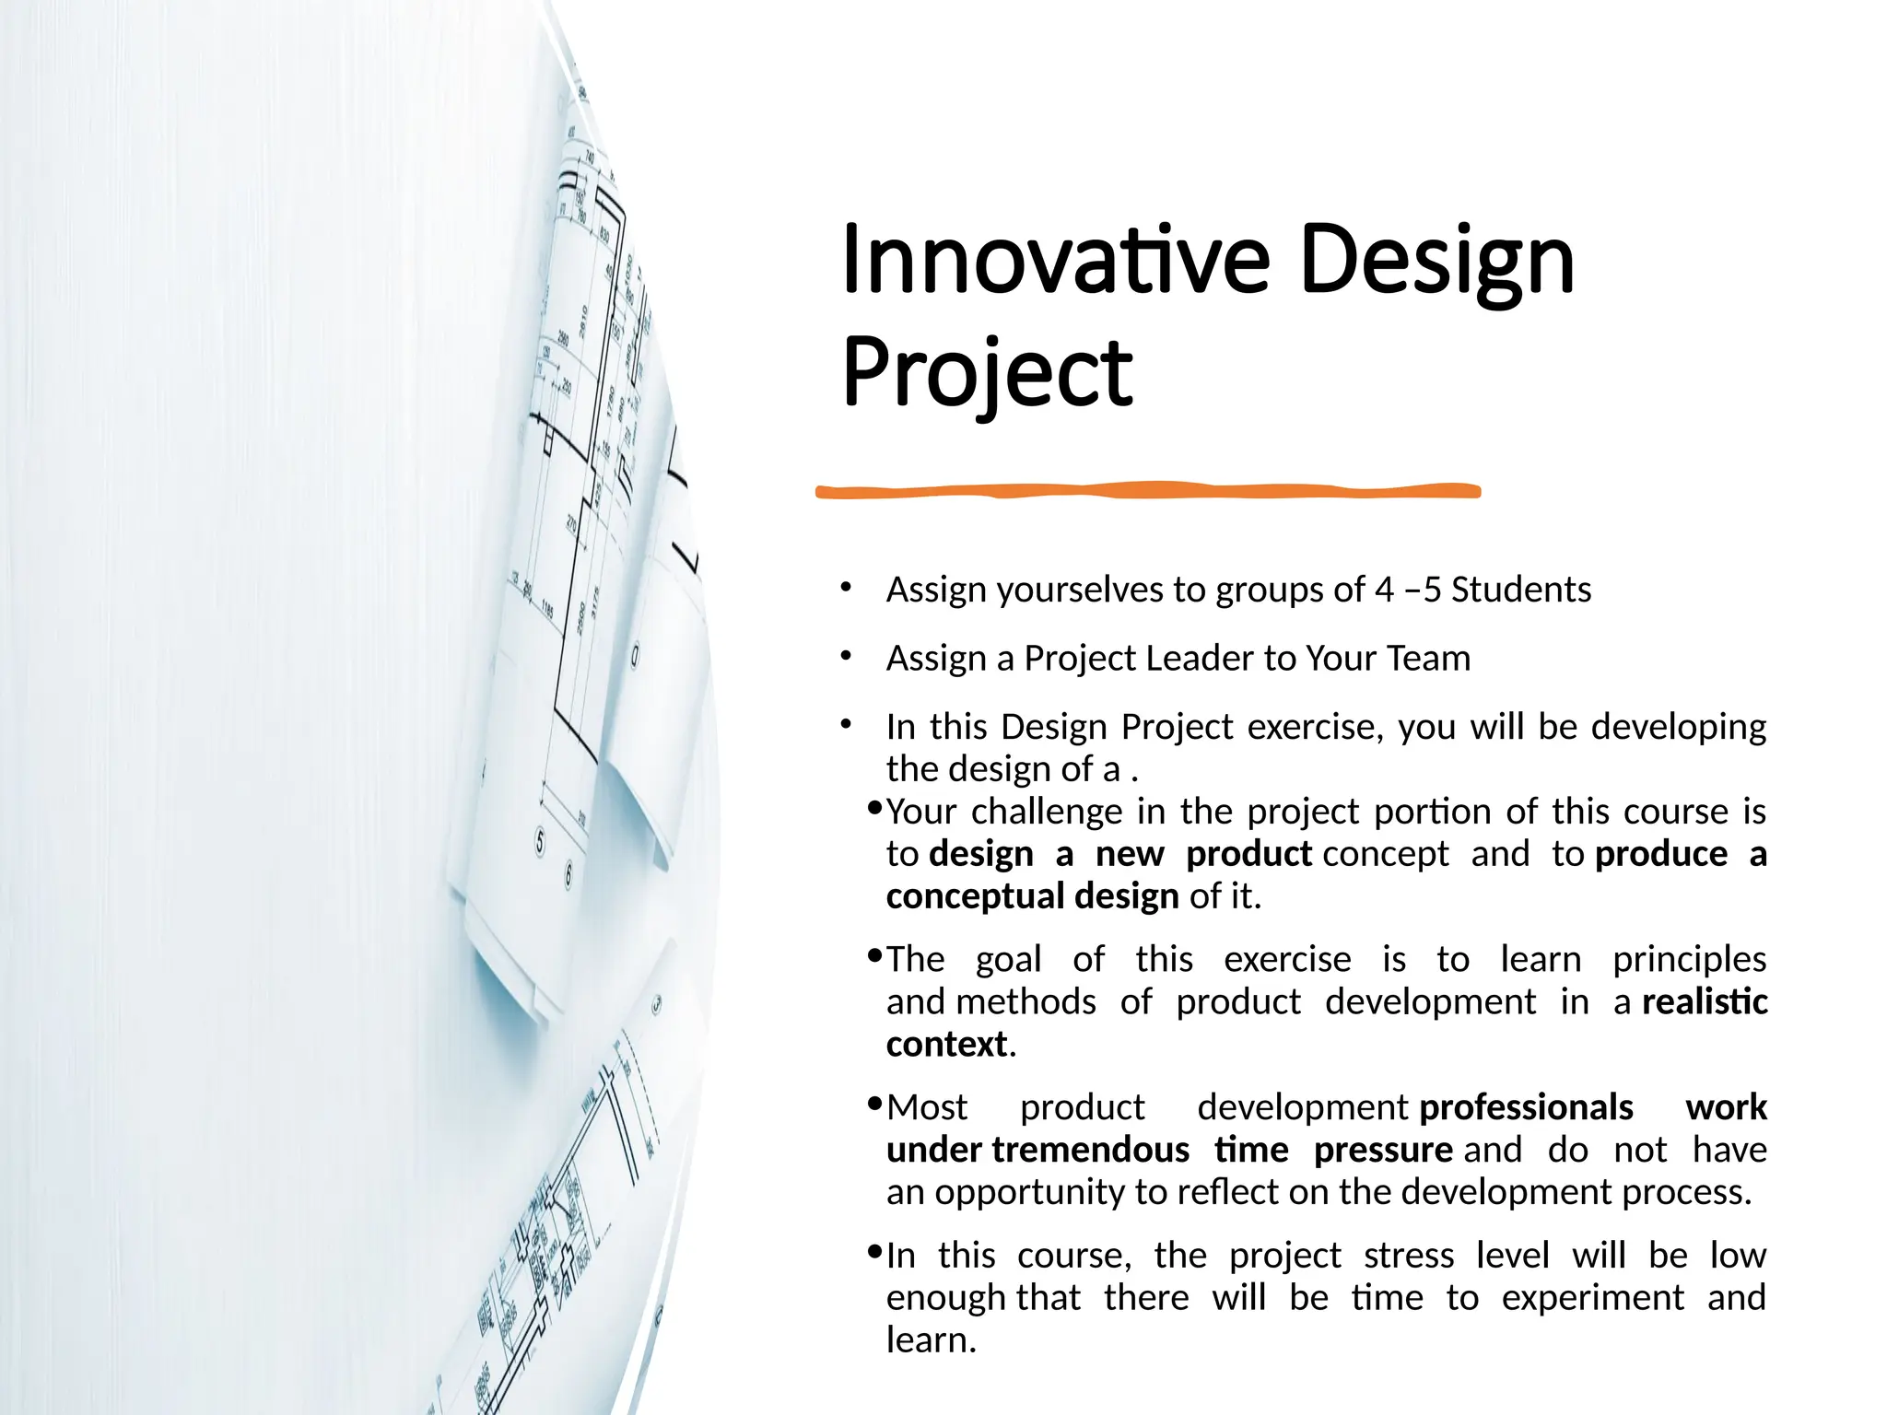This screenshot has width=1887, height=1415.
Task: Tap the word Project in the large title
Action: (x=987, y=373)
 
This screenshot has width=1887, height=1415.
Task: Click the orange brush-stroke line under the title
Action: (x=1147, y=491)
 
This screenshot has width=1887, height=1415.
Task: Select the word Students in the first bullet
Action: (x=1521, y=590)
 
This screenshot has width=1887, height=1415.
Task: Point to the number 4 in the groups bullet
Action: (x=1384, y=590)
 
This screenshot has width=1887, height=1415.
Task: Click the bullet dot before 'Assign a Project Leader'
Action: (x=846, y=656)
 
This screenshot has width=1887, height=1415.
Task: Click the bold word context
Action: (x=946, y=1044)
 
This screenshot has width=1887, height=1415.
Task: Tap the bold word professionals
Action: (x=1526, y=1107)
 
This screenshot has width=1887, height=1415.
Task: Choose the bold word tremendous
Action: (x=1091, y=1150)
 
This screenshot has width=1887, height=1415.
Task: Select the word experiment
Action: (x=1592, y=1298)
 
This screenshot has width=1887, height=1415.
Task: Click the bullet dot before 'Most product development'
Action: (x=875, y=1103)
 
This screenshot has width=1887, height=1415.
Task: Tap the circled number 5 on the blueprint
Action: (x=541, y=840)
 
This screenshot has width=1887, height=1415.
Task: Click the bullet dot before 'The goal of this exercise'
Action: (x=875, y=955)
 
